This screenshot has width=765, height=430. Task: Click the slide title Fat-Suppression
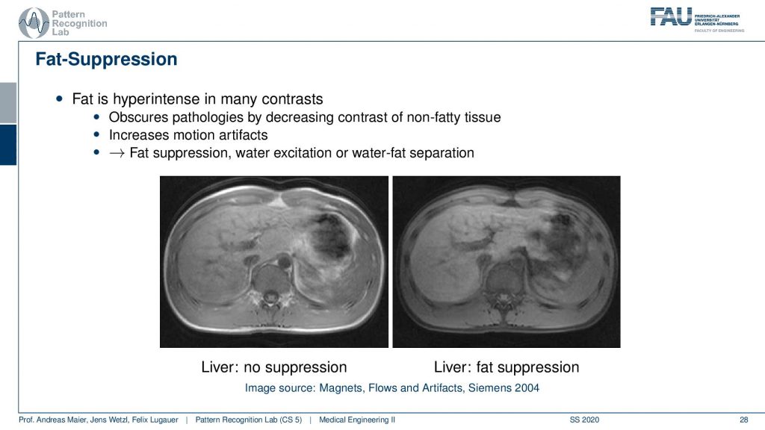click(x=106, y=59)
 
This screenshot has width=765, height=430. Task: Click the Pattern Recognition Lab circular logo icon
click(x=34, y=23)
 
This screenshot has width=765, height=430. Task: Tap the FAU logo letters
click(x=671, y=16)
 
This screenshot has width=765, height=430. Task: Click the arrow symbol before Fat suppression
click(x=117, y=153)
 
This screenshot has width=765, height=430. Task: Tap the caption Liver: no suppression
click(x=273, y=367)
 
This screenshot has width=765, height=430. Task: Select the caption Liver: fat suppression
click(x=507, y=367)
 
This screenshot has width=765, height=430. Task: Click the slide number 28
click(x=743, y=420)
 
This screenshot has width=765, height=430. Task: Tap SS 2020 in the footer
click(x=584, y=420)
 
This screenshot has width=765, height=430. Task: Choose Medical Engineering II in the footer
click(x=356, y=420)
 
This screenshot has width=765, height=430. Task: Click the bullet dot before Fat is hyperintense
click(x=60, y=99)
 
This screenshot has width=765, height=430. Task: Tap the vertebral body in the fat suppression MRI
click(x=502, y=277)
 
